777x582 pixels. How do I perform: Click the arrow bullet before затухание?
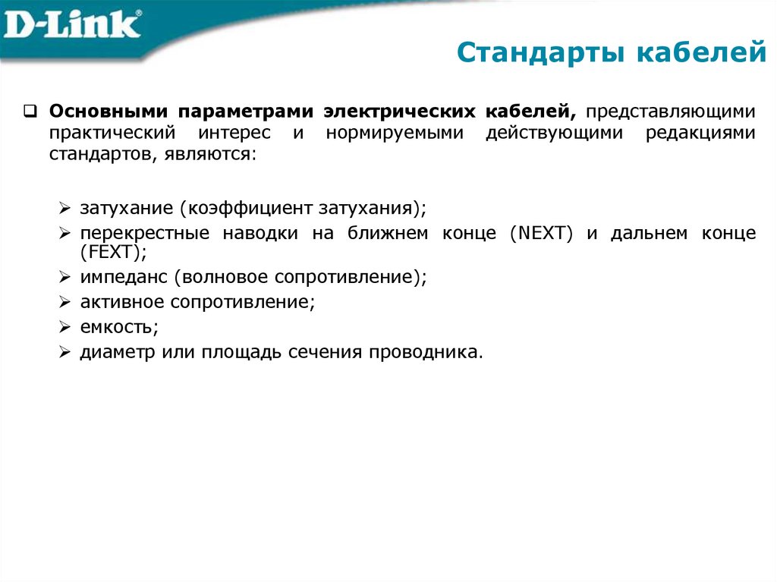point(65,208)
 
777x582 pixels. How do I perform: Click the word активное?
point(121,302)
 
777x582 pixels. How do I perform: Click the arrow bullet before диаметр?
point(65,354)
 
